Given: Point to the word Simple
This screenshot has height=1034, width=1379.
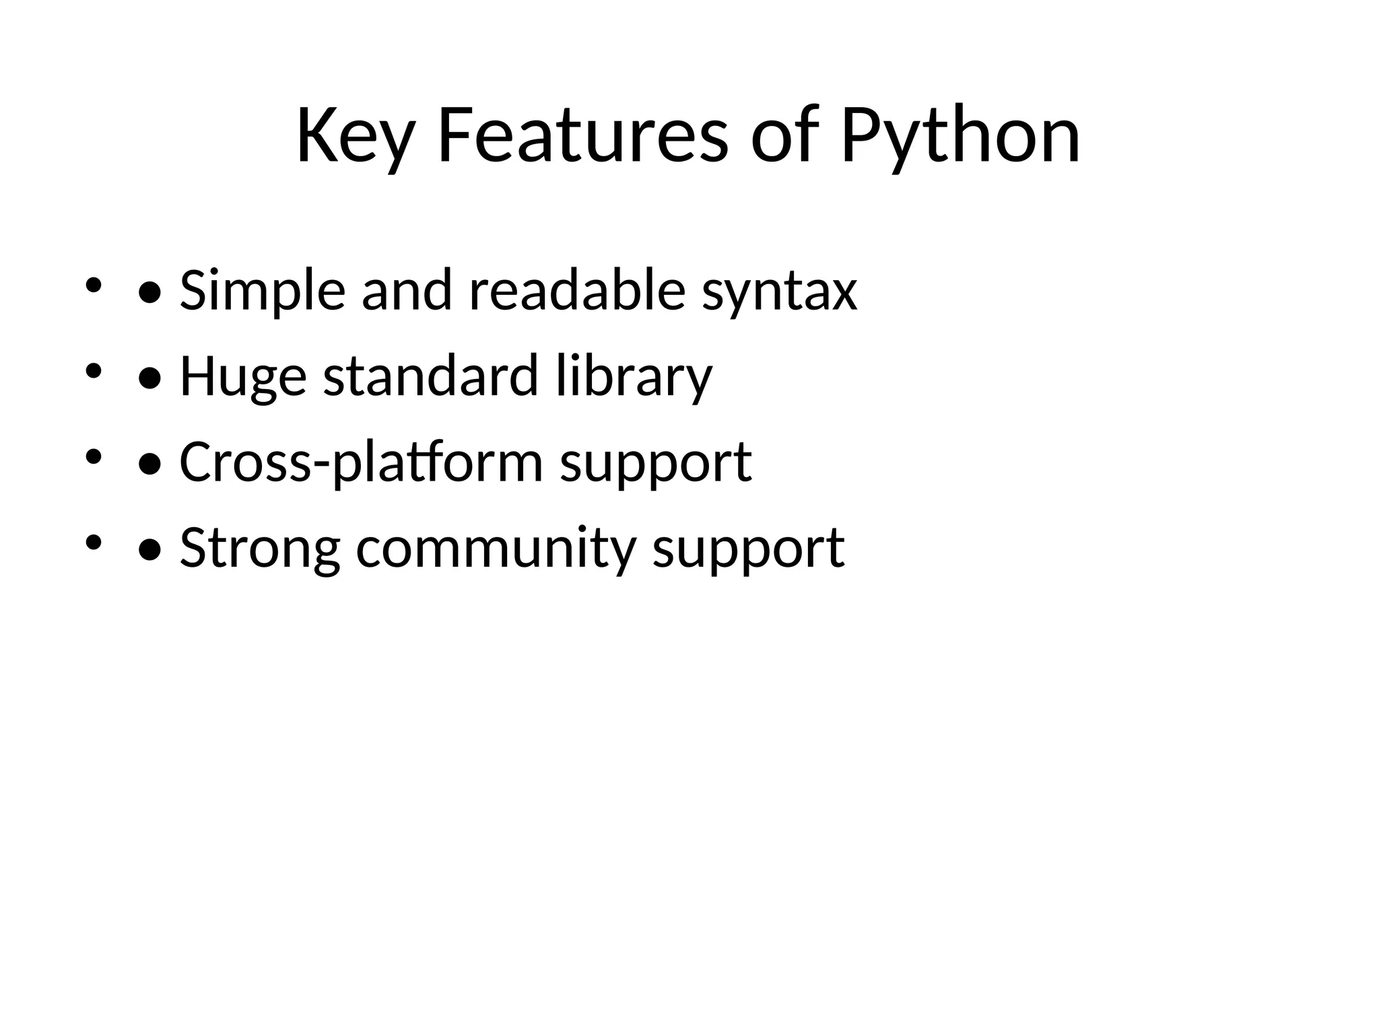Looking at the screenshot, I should click(x=262, y=291).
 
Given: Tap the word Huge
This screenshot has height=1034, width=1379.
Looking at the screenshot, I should click(x=243, y=378).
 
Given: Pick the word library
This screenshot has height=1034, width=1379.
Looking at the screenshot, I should click(x=634, y=378).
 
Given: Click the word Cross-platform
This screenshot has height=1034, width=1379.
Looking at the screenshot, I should click(x=361, y=463).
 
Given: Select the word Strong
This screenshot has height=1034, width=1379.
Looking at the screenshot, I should click(x=259, y=549).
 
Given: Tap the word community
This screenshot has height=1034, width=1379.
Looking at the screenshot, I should click(x=496, y=549).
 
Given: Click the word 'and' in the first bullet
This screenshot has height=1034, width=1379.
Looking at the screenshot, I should click(x=407, y=290).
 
